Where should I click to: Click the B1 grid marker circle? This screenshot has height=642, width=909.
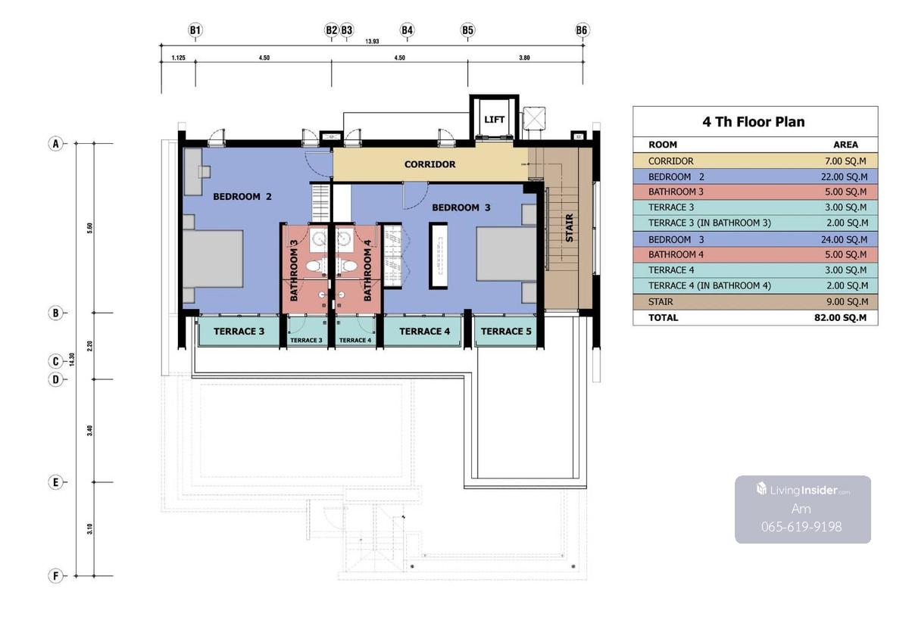[x=195, y=30]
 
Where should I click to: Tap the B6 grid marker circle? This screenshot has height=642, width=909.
[x=582, y=30]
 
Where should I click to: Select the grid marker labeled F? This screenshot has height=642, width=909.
[x=55, y=575]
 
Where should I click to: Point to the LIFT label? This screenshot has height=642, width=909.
[x=494, y=119]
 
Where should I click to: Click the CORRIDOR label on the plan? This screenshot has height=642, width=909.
[x=430, y=164]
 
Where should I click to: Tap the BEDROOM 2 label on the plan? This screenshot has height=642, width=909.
[x=242, y=197]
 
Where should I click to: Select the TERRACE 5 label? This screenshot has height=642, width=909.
[x=506, y=332]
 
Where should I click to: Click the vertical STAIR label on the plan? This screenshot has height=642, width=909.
[x=570, y=228]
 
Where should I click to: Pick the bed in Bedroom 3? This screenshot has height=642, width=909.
[x=507, y=254]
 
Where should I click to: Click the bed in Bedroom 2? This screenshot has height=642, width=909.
[x=213, y=259]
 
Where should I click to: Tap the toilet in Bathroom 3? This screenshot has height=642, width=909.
[x=316, y=266]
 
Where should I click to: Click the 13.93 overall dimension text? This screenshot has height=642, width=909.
[x=372, y=42]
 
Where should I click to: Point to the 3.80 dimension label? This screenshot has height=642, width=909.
[x=524, y=58]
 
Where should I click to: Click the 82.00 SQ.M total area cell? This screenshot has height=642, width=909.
[x=840, y=317]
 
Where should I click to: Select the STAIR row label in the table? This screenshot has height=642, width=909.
[x=661, y=302]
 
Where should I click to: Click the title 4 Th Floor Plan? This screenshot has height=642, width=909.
[x=754, y=122]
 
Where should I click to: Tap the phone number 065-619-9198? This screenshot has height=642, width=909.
[x=801, y=526]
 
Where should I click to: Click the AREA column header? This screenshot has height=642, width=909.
[x=845, y=145]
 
